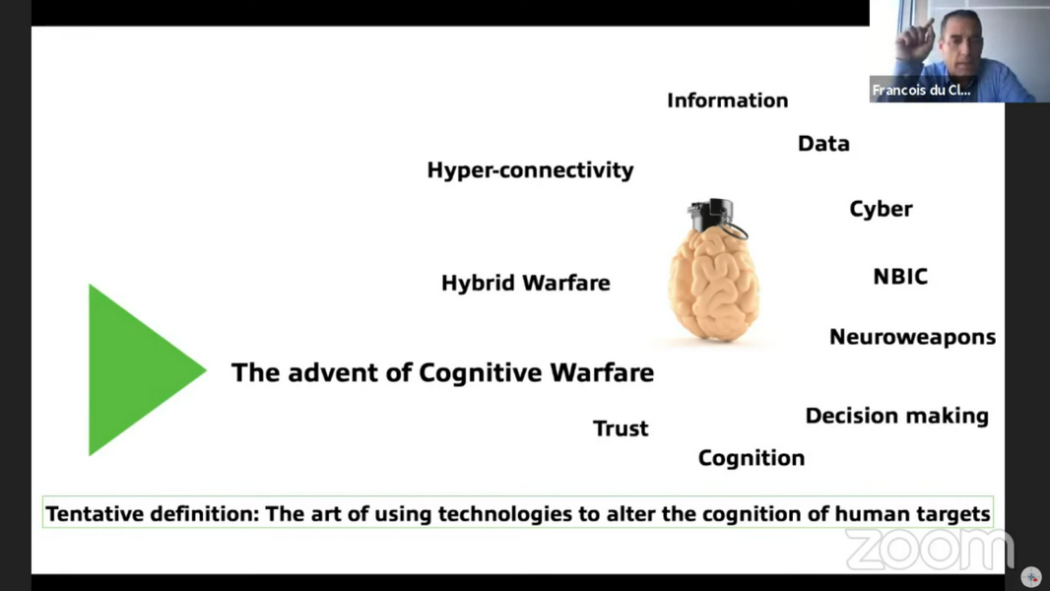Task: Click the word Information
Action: pyautogui.click(x=727, y=100)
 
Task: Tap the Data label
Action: pyautogui.click(x=823, y=143)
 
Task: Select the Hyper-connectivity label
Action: pyautogui.click(x=530, y=170)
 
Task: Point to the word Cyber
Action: pyautogui.click(x=881, y=209)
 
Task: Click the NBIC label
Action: pyautogui.click(x=900, y=277)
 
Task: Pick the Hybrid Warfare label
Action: pyautogui.click(x=526, y=283)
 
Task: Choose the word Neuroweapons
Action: pyautogui.click(x=913, y=337)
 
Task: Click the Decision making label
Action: pyautogui.click(x=896, y=416)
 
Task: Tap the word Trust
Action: pyautogui.click(x=621, y=428)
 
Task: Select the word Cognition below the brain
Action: pyautogui.click(x=752, y=458)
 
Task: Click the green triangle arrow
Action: pyautogui.click(x=141, y=369)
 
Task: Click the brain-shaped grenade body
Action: pyautogui.click(x=714, y=285)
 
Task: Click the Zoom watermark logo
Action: pyautogui.click(x=930, y=550)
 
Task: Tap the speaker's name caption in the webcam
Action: pyautogui.click(x=921, y=91)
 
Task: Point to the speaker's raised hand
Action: pyautogui.click(x=915, y=41)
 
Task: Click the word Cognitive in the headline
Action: pyautogui.click(x=481, y=372)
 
